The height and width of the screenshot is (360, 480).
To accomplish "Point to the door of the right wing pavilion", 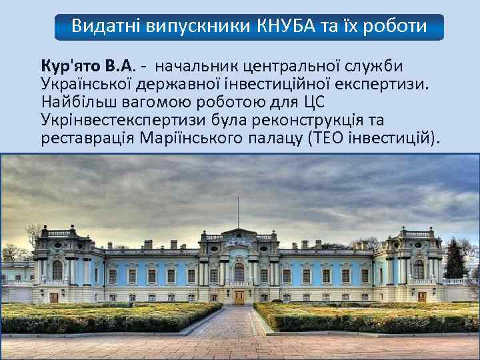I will [421, 297].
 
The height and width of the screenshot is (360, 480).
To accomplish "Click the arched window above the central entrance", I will [239, 271].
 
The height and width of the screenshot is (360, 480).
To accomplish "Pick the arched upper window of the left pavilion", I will [57, 269].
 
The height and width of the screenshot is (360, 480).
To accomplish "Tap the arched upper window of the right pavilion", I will [419, 269].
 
